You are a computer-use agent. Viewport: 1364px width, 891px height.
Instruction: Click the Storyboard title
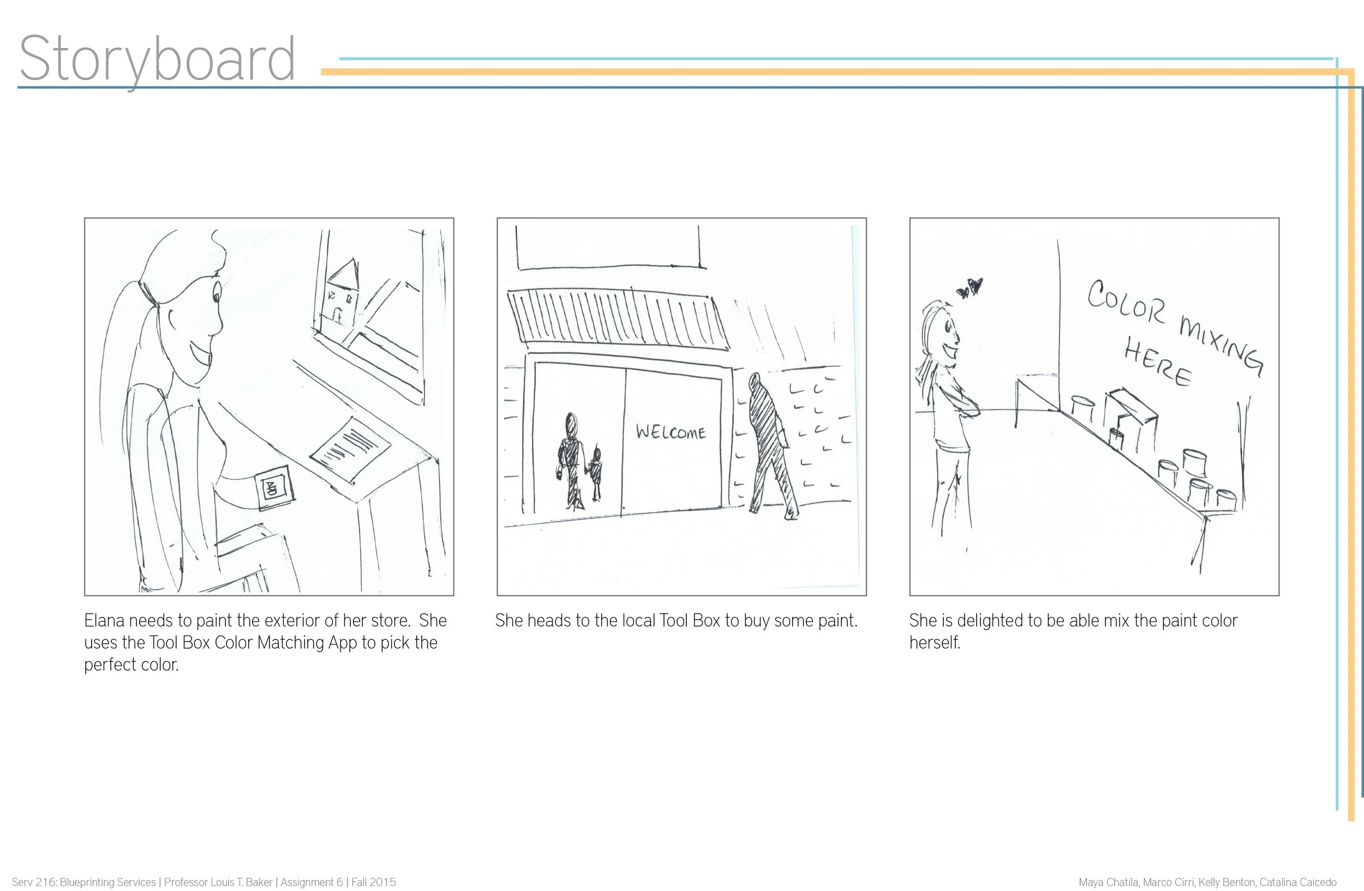click(158, 60)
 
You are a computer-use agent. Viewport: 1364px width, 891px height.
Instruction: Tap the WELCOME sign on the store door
click(671, 432)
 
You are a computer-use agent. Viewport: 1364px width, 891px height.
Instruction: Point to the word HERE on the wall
click(1158, 362)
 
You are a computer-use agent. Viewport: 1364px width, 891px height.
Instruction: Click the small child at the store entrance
click(596, 473)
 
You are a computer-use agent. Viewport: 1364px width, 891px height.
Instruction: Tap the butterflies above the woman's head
click(970, 287)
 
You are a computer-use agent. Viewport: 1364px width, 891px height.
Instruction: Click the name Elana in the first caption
click(104, 620)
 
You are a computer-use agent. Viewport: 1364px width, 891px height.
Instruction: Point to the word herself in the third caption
click(935, 642)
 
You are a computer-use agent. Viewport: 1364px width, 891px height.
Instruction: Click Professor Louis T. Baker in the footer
click(218, 882)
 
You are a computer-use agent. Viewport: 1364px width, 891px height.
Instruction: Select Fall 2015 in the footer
click(374, 882)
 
